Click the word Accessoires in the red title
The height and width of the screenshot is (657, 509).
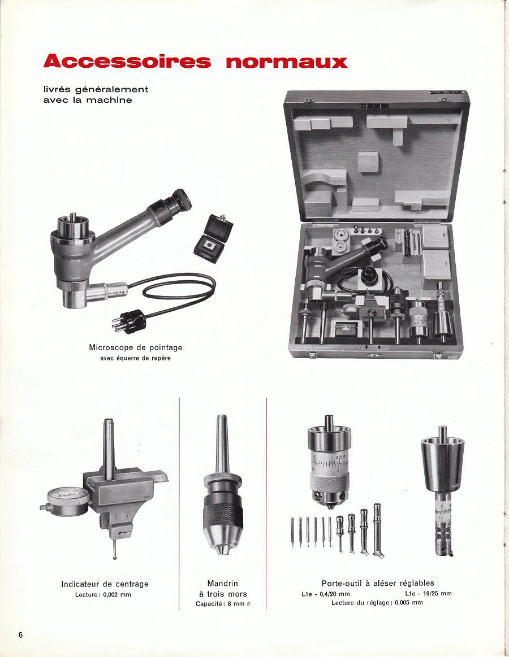tap(127, 61)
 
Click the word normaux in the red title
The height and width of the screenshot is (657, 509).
tap(287, 62)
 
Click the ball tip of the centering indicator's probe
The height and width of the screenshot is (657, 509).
tap(115, 557)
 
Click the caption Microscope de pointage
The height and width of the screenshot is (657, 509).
tap(136, 347)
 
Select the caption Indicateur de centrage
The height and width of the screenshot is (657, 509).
tap(105, 584)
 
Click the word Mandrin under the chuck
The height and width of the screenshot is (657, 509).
tap(222, 583)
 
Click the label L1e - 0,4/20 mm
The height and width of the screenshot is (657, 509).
tap(326, 594)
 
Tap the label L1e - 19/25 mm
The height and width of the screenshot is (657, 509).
tap(429, 593)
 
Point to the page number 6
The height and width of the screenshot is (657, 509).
tap(20, 634)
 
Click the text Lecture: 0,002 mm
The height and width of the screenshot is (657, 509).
tap(103, 594)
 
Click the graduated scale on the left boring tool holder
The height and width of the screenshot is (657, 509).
tap(329, 464)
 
